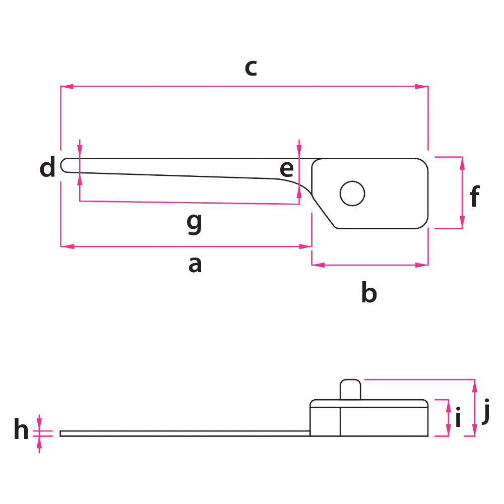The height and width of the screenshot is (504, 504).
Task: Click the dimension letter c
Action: coord(250,68)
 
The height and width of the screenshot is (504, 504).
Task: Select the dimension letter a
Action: coord(195,265)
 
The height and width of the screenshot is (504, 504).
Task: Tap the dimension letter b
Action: coord(369,292)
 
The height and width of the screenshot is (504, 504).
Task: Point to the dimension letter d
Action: coord(47,166)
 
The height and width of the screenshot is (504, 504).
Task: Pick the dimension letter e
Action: coord(287,169)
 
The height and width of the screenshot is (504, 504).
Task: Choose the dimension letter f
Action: coord(475,196)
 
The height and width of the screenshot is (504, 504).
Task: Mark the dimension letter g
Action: coord(195,224)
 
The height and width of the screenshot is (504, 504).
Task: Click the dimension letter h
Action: coord(21,428)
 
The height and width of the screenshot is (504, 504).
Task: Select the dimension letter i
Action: coord(458,417)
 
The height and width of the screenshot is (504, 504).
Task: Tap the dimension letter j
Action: coord(486,411)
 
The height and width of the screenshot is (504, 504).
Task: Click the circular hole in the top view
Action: coord(352,194)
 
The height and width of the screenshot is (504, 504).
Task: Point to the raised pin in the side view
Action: coord(350,390)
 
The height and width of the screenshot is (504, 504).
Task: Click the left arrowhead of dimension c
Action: coord(67,87)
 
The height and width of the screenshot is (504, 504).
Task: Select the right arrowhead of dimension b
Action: coord(422,265)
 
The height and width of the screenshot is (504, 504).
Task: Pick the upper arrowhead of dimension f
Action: coord(462,163)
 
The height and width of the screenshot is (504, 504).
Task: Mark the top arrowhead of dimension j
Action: coord(475,386)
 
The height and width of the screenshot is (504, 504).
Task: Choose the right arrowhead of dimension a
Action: coord(305,246)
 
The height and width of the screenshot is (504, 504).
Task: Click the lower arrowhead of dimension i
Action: coord(449,430)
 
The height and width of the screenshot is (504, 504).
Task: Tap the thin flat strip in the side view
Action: coord(185,433)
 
